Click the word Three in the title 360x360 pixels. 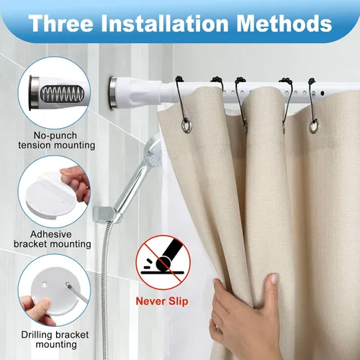point(60,24)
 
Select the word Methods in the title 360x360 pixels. point(284,24)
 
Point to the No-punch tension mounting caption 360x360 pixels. point(57,140)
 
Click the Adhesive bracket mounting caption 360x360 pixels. point(53,239)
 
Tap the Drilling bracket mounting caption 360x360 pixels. point(55,339)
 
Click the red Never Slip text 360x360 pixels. point(162,302)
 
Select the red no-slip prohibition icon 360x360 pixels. point(163,263)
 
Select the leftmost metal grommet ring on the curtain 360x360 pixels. point(186,126)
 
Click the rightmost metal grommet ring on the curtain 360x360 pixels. point(314,126)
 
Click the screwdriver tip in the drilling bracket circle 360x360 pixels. point(68,285)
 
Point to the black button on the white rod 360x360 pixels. point(323,93)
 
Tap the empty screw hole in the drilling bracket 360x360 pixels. point(44,284)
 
